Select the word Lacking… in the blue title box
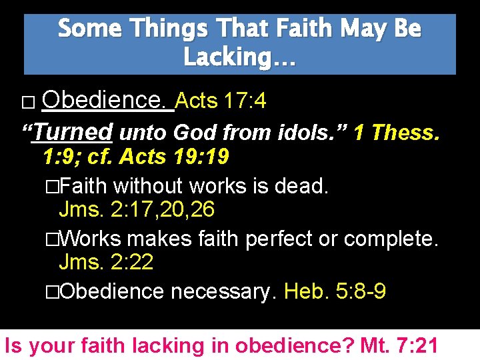(x=239, y=58)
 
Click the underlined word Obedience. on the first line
(x=107, y=101)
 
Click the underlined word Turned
(x=73, y=132)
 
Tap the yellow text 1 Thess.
(x=396, y=132)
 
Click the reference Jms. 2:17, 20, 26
(x=137, y=209)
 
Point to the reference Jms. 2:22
(x=106, y=262)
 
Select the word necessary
(x=223, y=291)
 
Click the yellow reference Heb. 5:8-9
(x=335, y=291)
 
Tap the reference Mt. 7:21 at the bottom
(x=399, y=345)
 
